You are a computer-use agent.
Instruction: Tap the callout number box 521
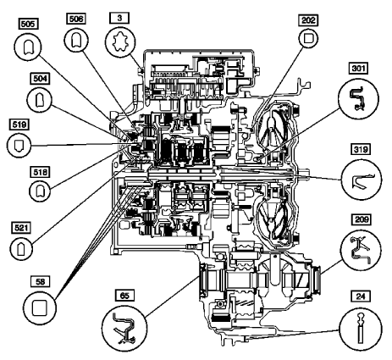click(20, 227)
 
